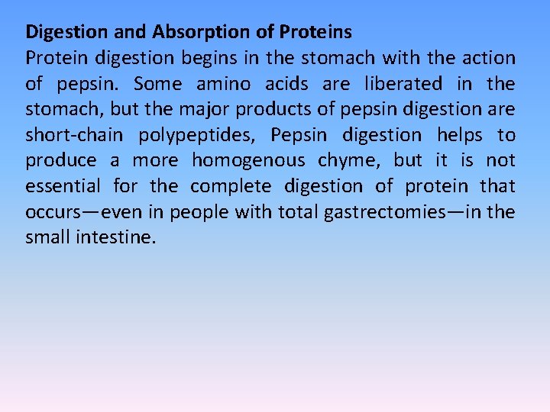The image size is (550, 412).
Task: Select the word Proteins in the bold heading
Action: (x=315, y=32)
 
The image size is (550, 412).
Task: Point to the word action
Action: (x=487, y=58)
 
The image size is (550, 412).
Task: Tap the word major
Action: (x=204, y=109)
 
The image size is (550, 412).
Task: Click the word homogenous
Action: (x=248, y=161)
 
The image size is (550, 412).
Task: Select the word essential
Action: (x=63, y=186)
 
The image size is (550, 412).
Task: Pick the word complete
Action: (x=231, y=186)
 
